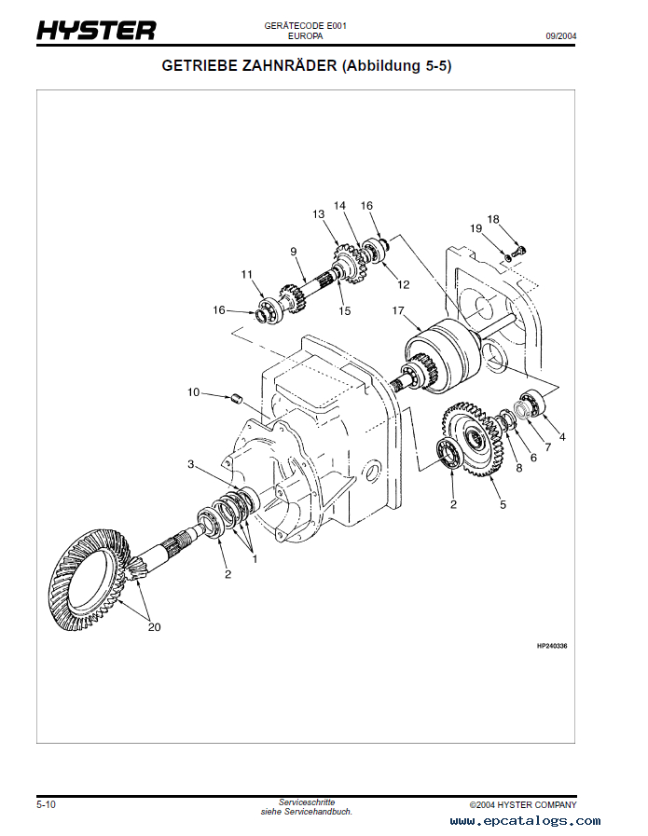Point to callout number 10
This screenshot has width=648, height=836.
click(x=193, y=392)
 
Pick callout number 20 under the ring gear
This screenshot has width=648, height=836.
click(x=154, y=627)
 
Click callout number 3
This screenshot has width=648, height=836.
click(x=190, y=464)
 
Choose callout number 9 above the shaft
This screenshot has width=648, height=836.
click(x=293, y=252)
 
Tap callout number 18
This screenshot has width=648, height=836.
click(x=493, y=219)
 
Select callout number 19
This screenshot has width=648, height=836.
click(x=476, y=228)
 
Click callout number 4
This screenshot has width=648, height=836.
click(x=561, y=436)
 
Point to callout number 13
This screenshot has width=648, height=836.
click(x=318, y=214)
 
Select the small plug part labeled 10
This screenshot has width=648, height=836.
click(x=237, y=401)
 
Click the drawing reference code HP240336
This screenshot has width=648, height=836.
click(x=552, y=645)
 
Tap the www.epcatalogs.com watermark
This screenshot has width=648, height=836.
click(x=525, y=821)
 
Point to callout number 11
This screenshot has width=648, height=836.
click(x=247, y=274)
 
